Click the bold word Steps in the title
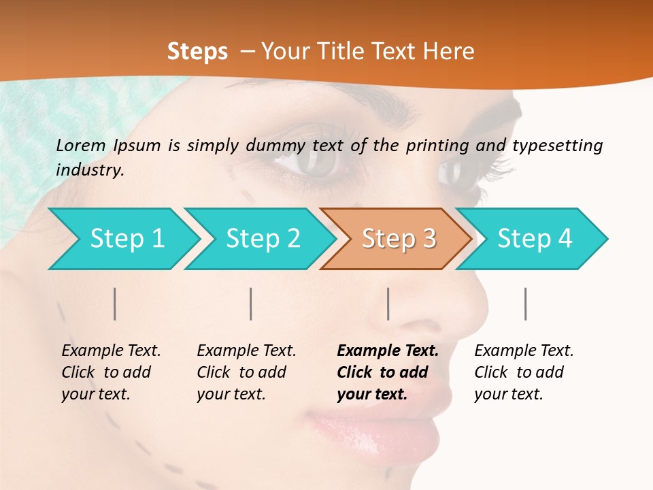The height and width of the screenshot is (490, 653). point(197,52)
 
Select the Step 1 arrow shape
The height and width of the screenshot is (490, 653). point(122,239)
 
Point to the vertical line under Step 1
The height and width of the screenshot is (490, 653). point(115,304)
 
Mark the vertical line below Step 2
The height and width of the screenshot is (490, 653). point(251,304)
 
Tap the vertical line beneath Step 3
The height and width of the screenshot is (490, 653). point(388,304)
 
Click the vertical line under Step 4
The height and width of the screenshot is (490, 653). point(526,304)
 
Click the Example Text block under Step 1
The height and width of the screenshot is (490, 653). point(110,372)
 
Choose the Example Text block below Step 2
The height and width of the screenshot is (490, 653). point(246,372)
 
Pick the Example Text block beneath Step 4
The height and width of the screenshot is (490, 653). point(523,372)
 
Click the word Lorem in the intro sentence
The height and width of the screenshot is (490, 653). point(81,145)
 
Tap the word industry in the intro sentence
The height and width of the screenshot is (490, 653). point(89,170)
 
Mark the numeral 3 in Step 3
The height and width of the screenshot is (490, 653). point(428,239)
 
